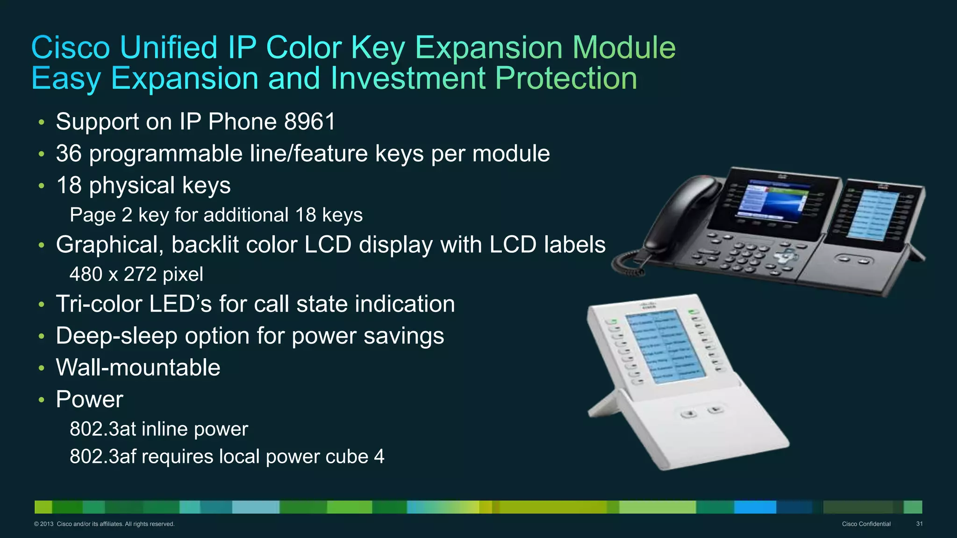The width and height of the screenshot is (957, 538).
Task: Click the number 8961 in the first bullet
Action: click(x=310, y=122)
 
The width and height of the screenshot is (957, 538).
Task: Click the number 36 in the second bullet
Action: click(x=69, y=154)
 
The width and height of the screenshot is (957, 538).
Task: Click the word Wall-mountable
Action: click(x=138, y=368)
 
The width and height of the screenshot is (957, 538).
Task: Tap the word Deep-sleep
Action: click(x=116, y=336)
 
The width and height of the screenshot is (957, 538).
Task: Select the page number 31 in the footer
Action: click(x=919, y=524)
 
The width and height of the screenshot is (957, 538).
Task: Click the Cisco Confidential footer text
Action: click(x=866, y=524)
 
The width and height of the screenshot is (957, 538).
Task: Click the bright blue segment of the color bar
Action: click(x=755, y=507)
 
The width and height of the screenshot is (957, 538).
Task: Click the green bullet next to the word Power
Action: click(x=42, y=400)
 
